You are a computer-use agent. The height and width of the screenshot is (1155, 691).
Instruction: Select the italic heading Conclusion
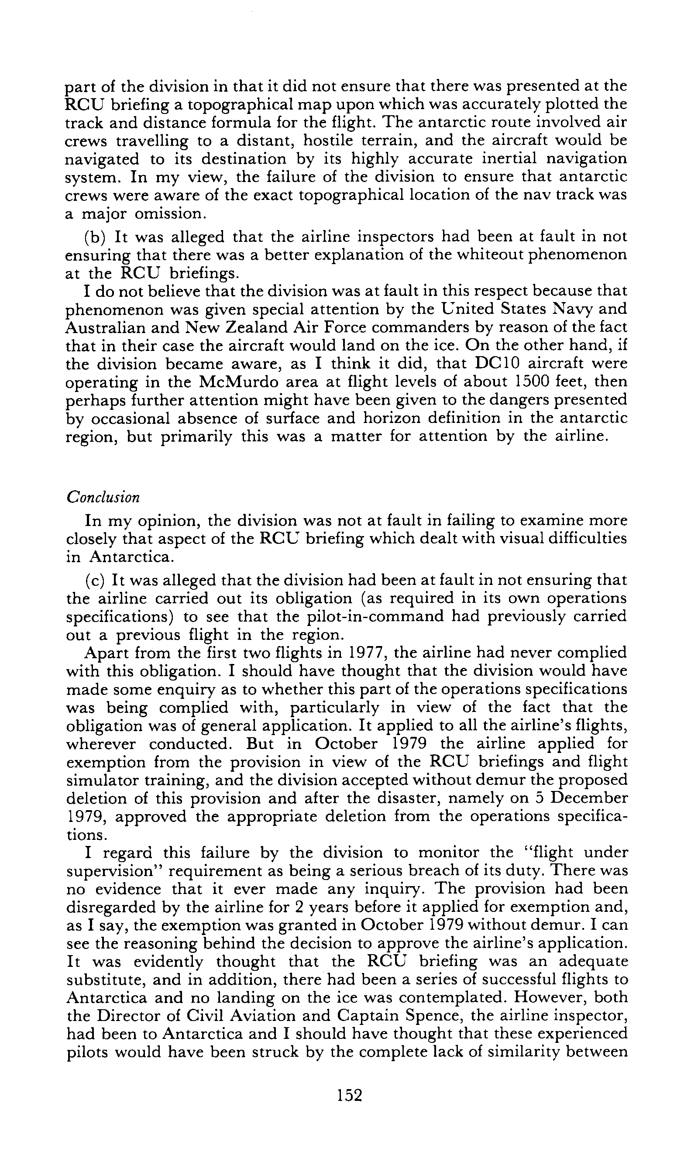pyautogui.click(x=103, y=497)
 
